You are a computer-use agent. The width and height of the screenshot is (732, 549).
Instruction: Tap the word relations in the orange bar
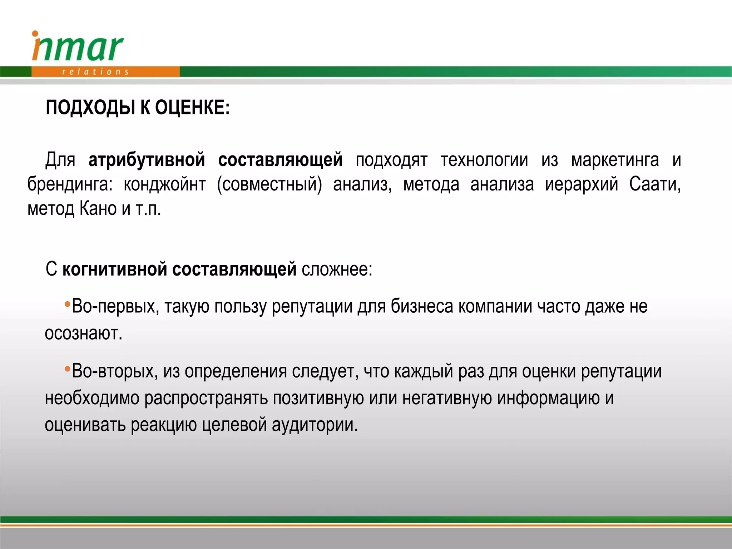point(95,72)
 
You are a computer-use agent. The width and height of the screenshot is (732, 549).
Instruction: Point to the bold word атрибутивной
point(147,160)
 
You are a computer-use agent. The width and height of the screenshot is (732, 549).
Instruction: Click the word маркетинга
point(615,160)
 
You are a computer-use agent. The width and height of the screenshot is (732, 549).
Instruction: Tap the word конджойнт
point(164,184)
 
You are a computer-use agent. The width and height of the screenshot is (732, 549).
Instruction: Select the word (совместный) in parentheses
point(269,184)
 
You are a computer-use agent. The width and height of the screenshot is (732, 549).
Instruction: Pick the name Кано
point(98,209)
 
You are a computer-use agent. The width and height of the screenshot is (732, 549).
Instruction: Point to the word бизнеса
point(422,306)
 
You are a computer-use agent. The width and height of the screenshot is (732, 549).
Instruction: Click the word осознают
point(83,333)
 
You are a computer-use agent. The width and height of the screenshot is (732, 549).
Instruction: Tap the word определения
point(236,371)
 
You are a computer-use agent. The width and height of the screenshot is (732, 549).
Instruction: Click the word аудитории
point(315,425)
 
